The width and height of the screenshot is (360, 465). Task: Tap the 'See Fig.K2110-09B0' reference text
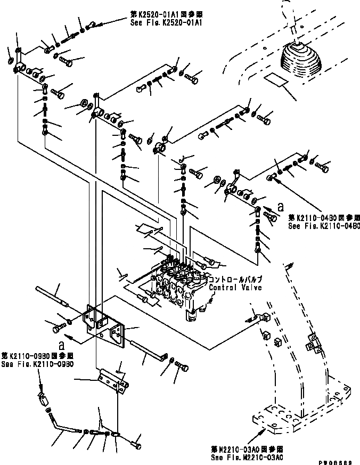click(x=37, y=364)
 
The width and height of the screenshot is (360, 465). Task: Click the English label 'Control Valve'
click(x=235, y=288)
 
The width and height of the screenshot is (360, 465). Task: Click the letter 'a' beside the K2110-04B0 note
click(x=280, y=204)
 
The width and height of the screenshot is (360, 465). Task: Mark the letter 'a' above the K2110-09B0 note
click(x=63, y=344)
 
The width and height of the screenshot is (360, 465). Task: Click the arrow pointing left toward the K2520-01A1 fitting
click(x=99, y=23)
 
